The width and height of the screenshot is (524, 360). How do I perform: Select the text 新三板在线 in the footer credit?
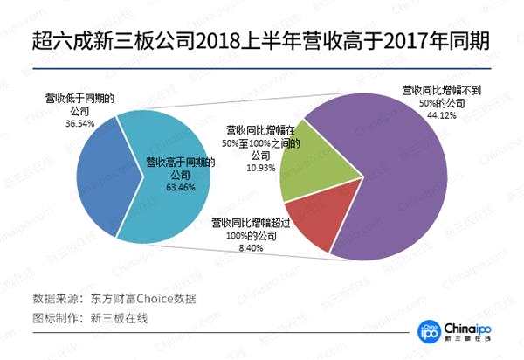[x=120, y=318]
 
